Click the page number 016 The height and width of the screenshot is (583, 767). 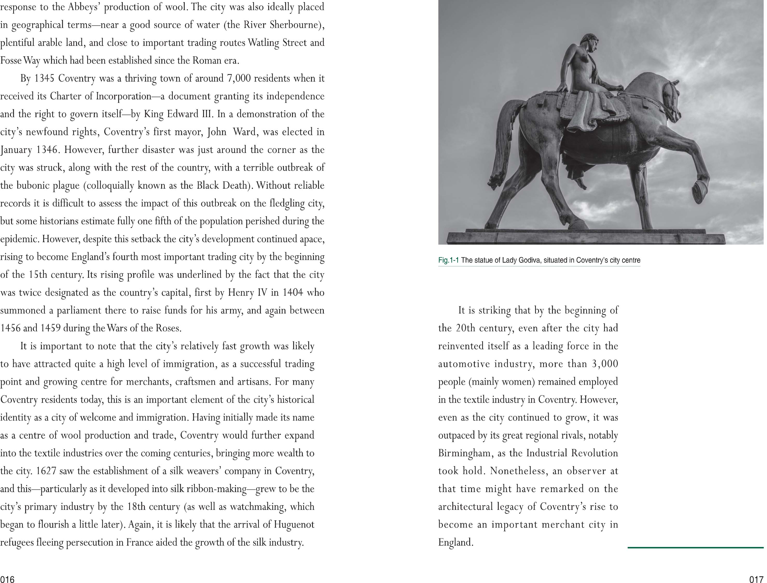click(x=7, y=579)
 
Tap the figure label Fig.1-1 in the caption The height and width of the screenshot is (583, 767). click(x=449, y=260)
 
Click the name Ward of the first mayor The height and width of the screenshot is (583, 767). click(x=243, y=132)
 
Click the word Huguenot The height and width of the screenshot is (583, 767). click(x=293, y=525)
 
